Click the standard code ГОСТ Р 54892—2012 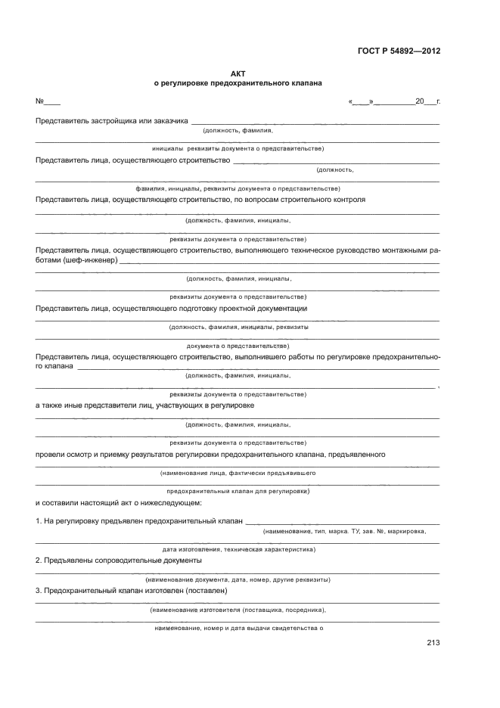tap(399, 51)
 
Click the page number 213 tap(433, 643)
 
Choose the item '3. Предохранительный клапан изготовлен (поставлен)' tap(132, 590)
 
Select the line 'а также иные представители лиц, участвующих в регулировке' tap(144, 405)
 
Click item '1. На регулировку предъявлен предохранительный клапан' tap(139, 522)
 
